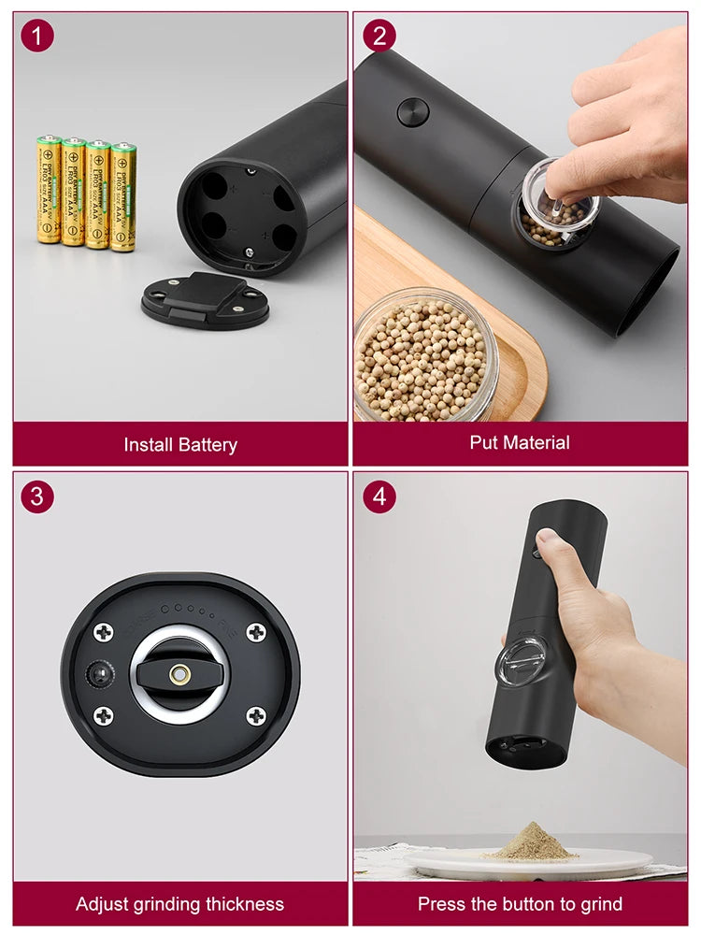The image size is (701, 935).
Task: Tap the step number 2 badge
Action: pyautogui.click(x=379, y=36)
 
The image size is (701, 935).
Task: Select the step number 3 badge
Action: pyautogui.click(x=37, y=496)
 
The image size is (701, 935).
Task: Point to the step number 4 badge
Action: pyautogui.click(x=379, y=496)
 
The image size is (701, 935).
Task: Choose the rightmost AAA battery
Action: pyautogui.click(x=123, y=196)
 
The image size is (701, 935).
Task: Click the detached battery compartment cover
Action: pyautogui.click(x=205, y=301)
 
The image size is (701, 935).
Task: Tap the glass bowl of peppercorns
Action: pyautogui.click(x=426, y=355)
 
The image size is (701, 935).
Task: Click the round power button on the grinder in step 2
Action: pyautogui.click(x=412, y=112)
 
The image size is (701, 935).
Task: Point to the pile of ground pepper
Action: pyautogui.click(x=530, y=842)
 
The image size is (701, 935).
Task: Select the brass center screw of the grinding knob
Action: pyautogui.click(x=180, y=674)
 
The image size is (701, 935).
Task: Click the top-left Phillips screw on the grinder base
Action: pyautogui.click(x=104, y=633)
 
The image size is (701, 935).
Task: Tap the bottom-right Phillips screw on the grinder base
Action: pyautogui.click(x=256, y=716)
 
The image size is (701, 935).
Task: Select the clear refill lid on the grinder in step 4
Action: pyautogui.click(x=520, y=665)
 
